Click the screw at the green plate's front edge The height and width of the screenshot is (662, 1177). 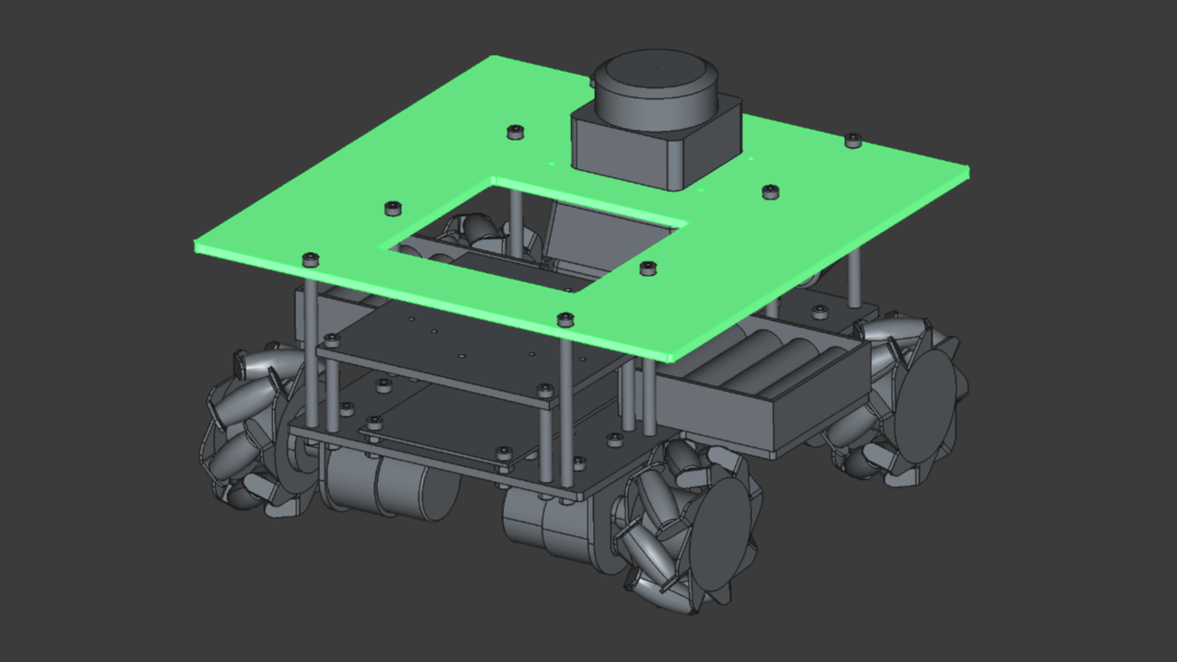click(x=566, y=319)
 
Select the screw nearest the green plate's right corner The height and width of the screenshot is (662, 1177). click(x=852, y=140)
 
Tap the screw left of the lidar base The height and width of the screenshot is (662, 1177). click(x=515, y=131)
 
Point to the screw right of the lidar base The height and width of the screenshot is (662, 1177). click(x=771, y=191)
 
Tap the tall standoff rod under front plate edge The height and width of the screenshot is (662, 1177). click(x=566, y=405)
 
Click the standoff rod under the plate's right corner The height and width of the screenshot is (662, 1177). click(x=855, y=276)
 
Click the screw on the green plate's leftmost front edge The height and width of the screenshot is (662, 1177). click(x=310, y=259)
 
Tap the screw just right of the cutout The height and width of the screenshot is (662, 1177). click(x=647, y=268)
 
